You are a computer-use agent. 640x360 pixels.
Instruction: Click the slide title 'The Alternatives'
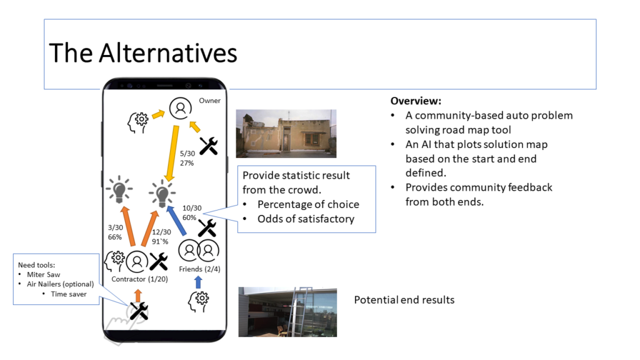[143, 53]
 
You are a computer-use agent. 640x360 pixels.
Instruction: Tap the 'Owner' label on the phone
[210, 101]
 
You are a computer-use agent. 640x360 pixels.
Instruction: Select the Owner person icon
[181, 108]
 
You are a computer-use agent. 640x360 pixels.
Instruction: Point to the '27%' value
[187, 163]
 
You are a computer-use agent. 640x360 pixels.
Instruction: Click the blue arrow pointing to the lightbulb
[177, 221]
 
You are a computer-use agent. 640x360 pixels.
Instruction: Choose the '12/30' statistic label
[162, 232]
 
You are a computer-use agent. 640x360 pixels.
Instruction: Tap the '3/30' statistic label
[115, 227]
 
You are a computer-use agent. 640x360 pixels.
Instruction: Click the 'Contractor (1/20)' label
[139, 279]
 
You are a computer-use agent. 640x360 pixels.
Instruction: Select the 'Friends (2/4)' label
[199, 269]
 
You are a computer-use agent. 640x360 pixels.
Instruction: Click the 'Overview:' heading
[416, 101]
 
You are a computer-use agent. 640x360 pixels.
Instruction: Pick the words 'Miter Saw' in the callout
[43, 275]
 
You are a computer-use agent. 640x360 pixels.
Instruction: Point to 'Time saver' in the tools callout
[69, 294]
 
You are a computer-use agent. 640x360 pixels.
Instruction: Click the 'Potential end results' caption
[404, 300]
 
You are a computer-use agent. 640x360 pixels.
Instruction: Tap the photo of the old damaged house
[286, 134]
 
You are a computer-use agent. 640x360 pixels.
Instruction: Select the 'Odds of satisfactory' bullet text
[306, 219]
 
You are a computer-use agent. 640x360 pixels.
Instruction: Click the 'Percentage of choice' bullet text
[308, 204]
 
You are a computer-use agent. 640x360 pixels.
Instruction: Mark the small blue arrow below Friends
[198, 282]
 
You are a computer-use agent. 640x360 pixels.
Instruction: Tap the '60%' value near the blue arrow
[189, 217]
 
